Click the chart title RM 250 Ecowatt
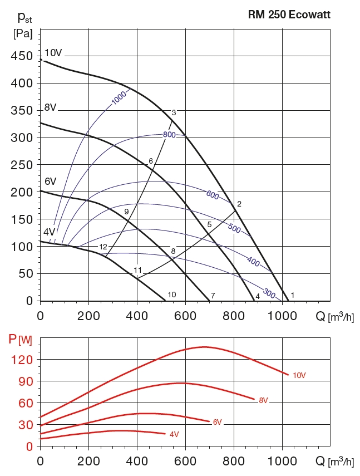tap(289, 15)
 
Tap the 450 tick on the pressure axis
tap(22, 56)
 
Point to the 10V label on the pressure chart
tap(53, 53)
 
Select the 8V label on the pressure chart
tap(51, 107)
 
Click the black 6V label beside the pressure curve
tap(51, 181)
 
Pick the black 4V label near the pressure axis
tap(49, 232)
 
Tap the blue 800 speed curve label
tap(170, 135)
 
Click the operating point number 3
tap(174, 112)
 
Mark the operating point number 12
tap(103, 247)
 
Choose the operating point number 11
tap(138, 270)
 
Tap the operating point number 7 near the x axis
tap(213, 295)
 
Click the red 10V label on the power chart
tap(299, 375)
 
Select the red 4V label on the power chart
tap(174, 434)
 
